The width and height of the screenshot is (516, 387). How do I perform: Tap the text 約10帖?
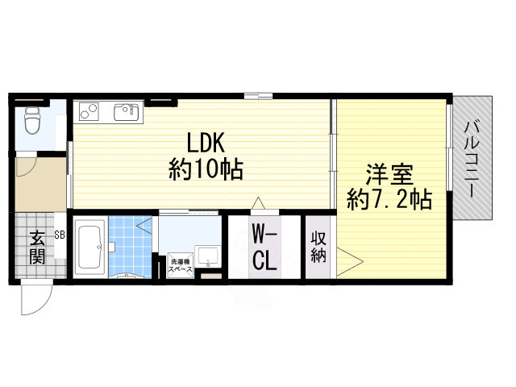pos(206,170)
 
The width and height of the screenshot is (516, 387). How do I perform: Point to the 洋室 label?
pos(389,173)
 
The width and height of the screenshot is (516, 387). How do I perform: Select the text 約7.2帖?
pos(389,198)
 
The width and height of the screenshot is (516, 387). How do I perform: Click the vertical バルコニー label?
pos(473,157)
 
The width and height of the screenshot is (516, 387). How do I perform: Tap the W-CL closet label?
pos(265,247)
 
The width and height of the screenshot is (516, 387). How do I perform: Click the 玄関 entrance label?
pos(37,247)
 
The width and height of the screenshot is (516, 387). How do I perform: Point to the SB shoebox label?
pos(60,235)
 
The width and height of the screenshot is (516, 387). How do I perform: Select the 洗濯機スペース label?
pos(179,266)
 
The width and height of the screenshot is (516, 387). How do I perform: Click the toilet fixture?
pos(32,120)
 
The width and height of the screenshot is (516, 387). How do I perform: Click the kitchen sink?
pos(127,111)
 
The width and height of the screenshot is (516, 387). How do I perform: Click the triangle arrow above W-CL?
pos(258,204)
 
